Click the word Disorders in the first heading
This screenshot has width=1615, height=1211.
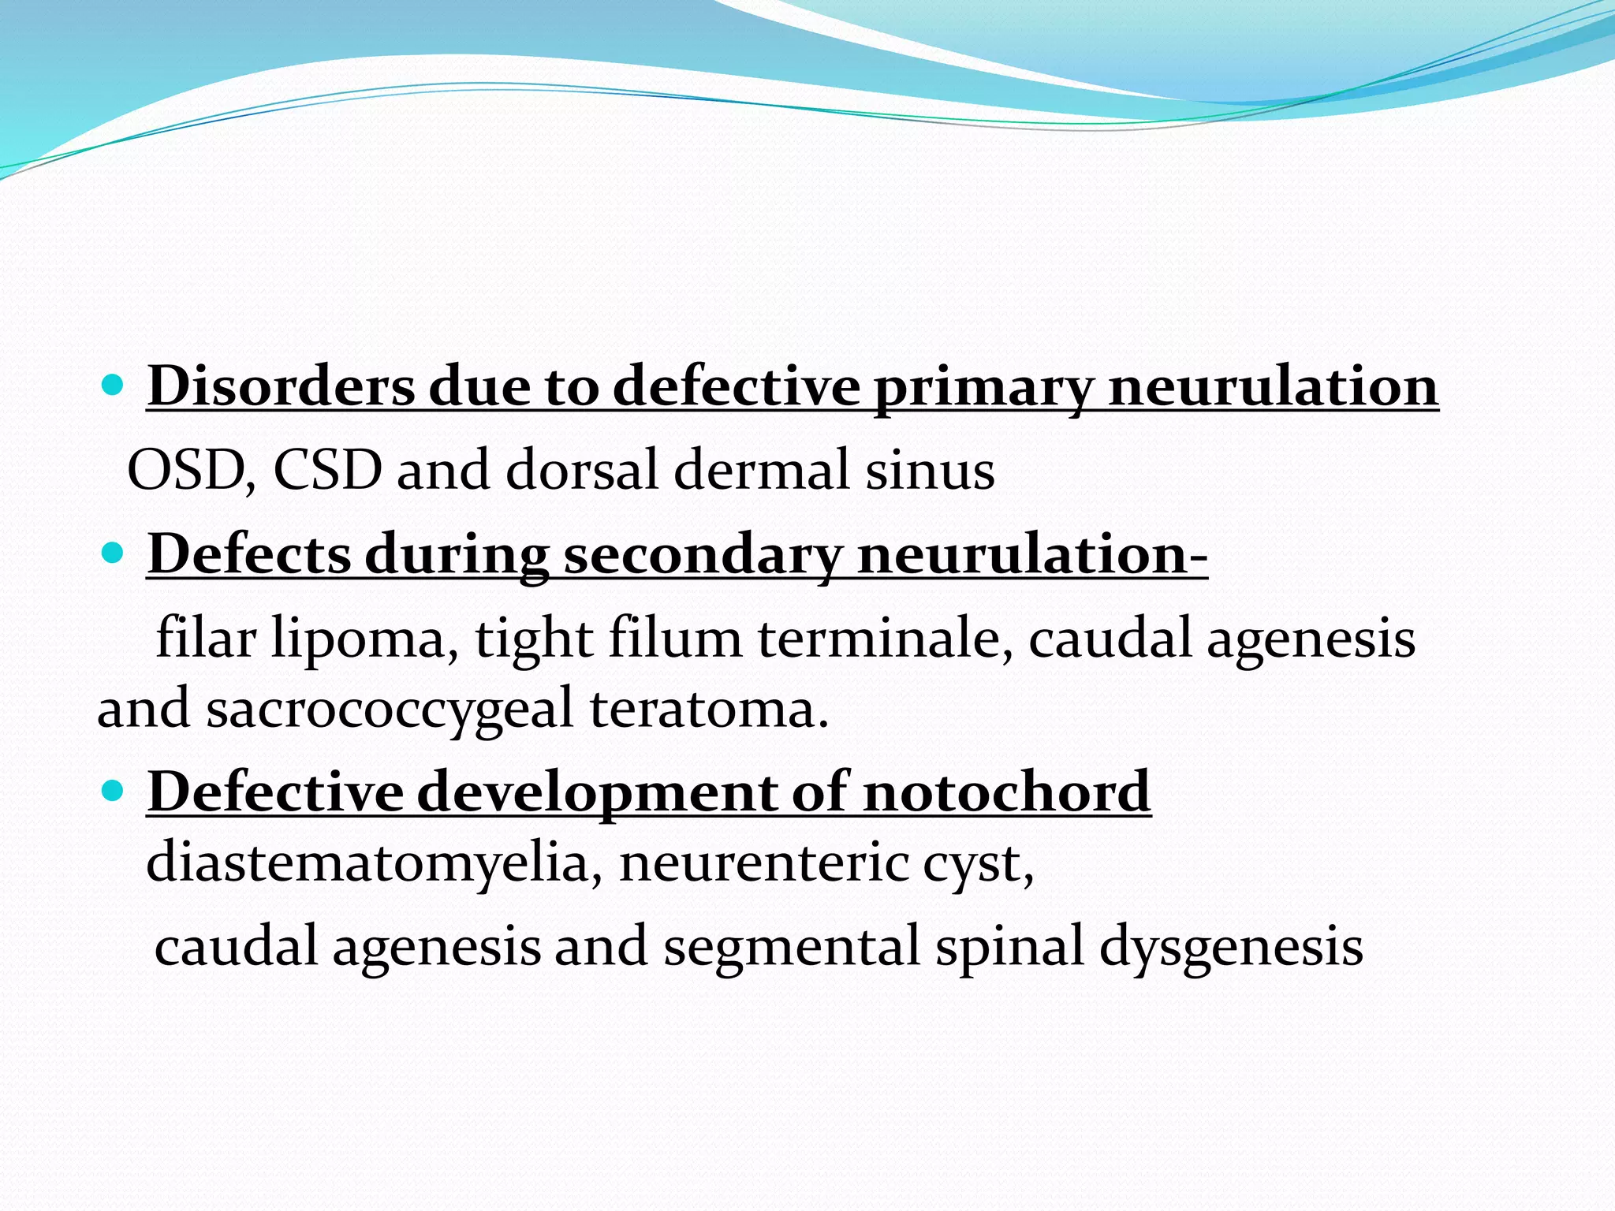(281, 386)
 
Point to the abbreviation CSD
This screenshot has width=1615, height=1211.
(327, 471)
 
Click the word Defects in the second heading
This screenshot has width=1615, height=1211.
(249, 554)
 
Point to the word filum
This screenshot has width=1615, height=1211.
(674, 639)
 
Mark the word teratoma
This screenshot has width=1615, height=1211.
(709, 709)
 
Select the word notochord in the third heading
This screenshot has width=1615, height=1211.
(1007, 792)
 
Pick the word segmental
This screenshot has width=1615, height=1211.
(791, 947)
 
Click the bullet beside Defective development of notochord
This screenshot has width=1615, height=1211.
(114, 791)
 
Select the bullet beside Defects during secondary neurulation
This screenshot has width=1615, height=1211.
(114, 553)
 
